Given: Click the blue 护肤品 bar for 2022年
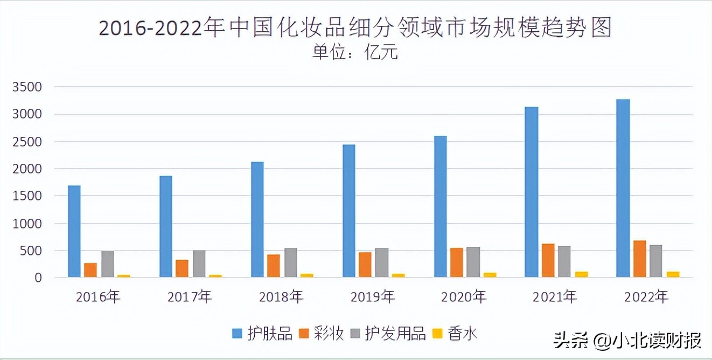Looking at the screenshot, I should pyautogui.click(x=623, y=189).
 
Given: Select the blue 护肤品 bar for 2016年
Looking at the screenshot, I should pyautogui.click(x=74, y=232).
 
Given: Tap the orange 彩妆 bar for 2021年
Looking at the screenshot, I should pyautogui.click(x=548, y=261).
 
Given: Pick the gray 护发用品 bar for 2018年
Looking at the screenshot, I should pyautogui.click(x=290, y=263).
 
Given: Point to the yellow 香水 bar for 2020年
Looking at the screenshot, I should pyautogui.click(x=490, y=275).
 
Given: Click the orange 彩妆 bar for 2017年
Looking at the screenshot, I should pyautogui.click(x=182, y=268).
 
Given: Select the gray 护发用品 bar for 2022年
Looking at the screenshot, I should pyautogui.click(x=656, y=261).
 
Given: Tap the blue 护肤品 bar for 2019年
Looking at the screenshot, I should pyautogui.click(x=349, y=211).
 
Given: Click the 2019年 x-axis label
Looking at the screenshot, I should pyautogui.click(x=373, y=296).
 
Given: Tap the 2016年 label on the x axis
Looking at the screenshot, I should pyautogui.click(x=98, y=296).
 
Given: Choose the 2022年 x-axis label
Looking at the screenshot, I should pyautogui.click(x=646, y=296).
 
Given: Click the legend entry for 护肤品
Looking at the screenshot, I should pyautogui.click(x=262, y=334).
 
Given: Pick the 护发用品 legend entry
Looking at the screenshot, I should pyautogui.click(x=388, y=334).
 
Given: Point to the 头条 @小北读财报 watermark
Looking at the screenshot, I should pyautogui.click(x=628, y=341).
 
